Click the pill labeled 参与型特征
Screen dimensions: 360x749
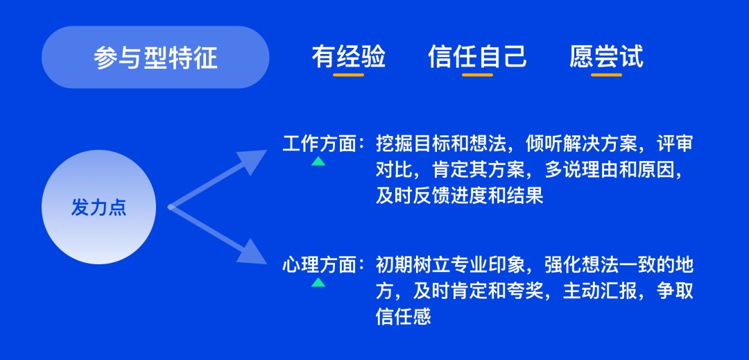pyautogui.click(x=155, y=58)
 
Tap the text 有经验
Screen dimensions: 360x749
pyautogui.click(x=348, y=56)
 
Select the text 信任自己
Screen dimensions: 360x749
pyautogui.click(x=477, y=56)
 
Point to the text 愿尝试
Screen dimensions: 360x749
pyautogui.click(x=606, y=56)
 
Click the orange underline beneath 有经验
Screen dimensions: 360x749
pyautogui.click(x=348, y=74)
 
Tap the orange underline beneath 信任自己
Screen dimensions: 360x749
pyautogui.click(x=477, y=74)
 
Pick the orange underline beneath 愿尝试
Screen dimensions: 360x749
pyautogui.click(x=606, y=74)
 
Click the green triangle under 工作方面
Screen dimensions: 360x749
pyautogui.click(x=318, y=162)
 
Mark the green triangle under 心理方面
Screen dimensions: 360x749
pyautogui.click(x=318, y=282)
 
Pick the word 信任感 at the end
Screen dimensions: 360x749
pyautogui.click(x=403, y=317)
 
